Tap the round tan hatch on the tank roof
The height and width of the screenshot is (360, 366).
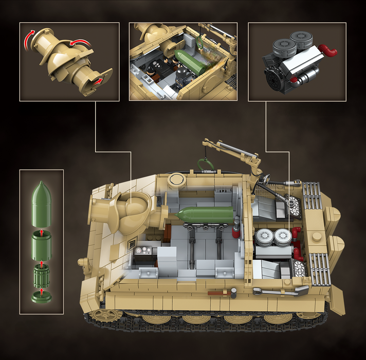(176, 179)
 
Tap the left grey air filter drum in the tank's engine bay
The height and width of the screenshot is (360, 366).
(264, 237)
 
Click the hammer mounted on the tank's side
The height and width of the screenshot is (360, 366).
(221, 292)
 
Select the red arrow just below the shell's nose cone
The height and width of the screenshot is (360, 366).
(42, 227)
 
